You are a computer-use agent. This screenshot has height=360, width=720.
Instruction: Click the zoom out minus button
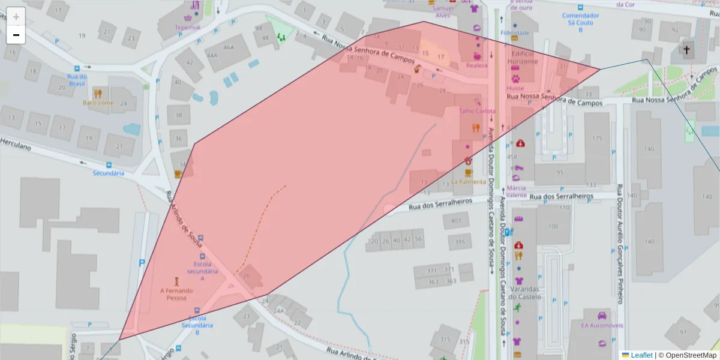pyautogui.click(x=16, y=35)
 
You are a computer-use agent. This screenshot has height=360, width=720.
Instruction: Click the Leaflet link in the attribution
pyautogui.click(x=641, y=355)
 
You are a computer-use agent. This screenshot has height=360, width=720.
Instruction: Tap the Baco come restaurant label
pyautogui.click(x=98, y=103)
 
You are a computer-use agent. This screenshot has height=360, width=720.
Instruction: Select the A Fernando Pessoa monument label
pyautogui.click(x=176, y=294)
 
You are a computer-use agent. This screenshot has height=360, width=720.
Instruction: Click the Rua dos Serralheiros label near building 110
pyautogui.click(x=560, y=196)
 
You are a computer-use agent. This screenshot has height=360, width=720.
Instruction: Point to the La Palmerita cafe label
pyautogui.click(x=468, y=181)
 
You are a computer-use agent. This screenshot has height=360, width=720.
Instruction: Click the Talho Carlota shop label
pyautogui.click(x=477, y=111)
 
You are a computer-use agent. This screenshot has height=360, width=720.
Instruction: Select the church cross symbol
pyautogui.click(x=686, y=50)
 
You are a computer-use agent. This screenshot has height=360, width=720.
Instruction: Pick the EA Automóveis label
pyautogui.click(x=602, y=325)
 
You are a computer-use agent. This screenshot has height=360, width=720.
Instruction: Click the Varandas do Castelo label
pyautogui.click(x=526, y=292)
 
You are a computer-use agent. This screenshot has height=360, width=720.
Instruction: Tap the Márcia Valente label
pyautogui.click(x=516, y=191)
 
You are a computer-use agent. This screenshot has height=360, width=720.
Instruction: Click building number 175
pyautogui.click(x=596, y=139)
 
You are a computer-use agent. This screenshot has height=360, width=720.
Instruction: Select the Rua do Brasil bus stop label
pyautogui.click(x=77, y=80)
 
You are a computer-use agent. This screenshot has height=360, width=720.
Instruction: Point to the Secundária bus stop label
pyautogui.click(x=108, y=173)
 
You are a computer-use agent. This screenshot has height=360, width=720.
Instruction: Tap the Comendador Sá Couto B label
pyautogui.click(x=580, y=19)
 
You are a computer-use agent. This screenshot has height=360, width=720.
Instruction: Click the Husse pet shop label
pyautogui.click(x=515, y=88)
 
